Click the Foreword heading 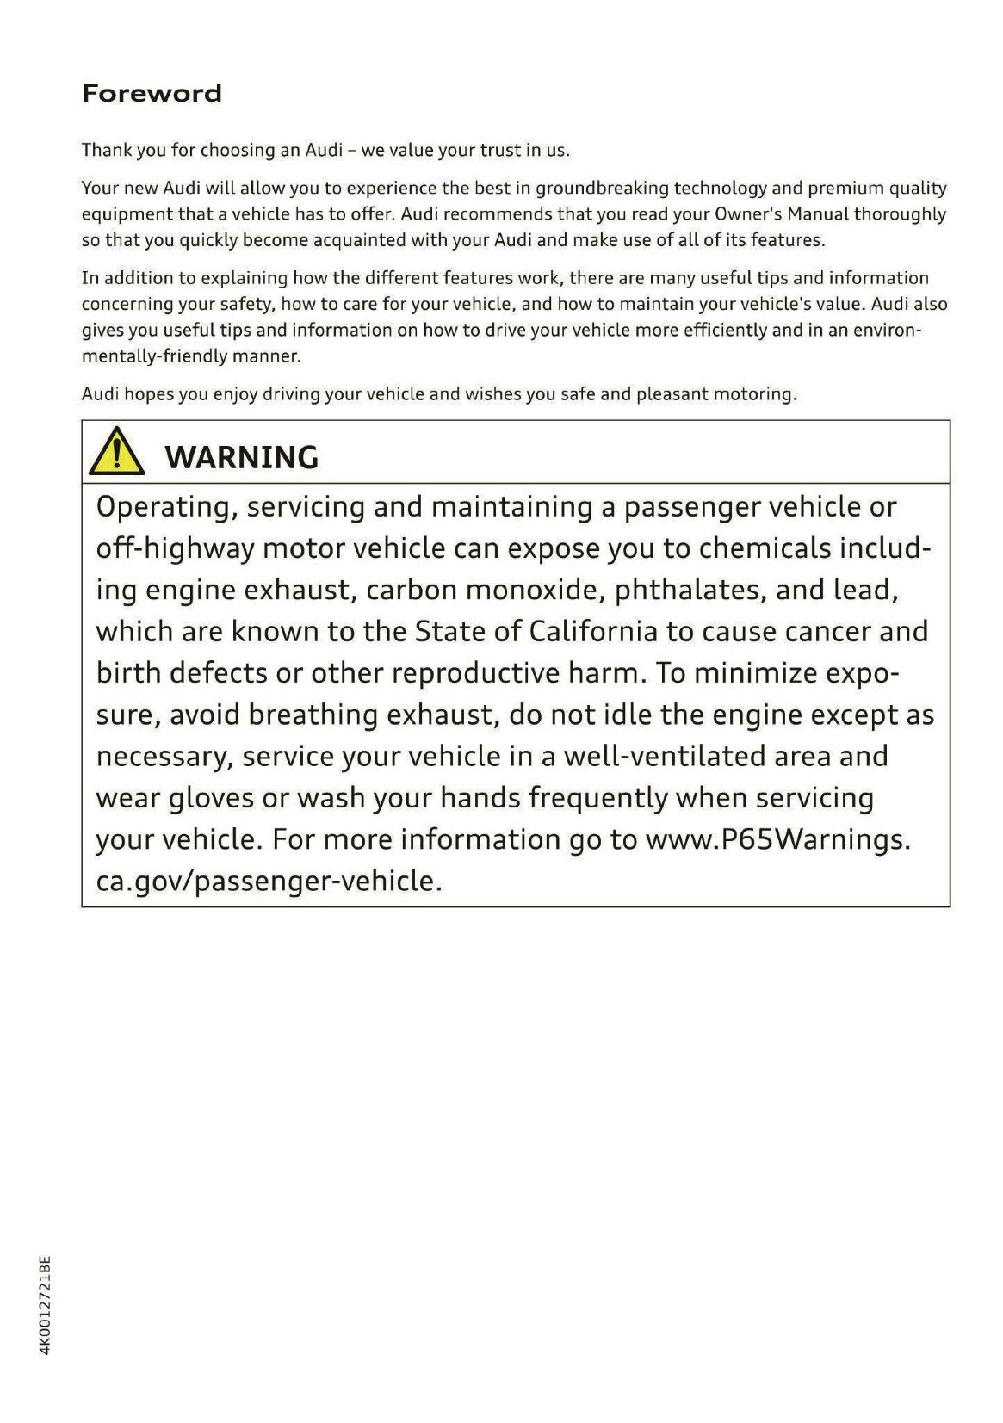152,93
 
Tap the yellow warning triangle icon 116,454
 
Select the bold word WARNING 241,457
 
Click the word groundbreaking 602,188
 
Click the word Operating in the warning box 166,507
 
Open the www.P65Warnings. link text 777,839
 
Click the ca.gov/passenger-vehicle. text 269,881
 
